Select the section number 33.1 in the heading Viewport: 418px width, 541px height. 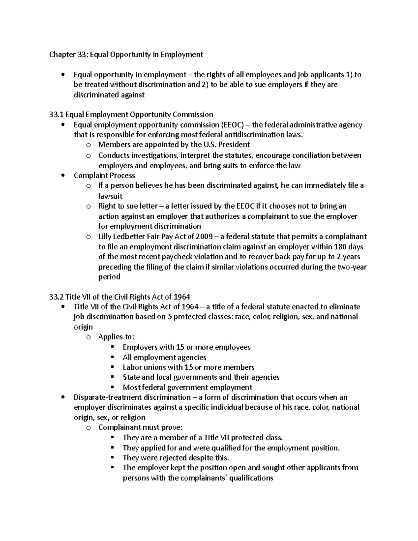56,114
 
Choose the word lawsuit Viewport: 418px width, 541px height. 110,196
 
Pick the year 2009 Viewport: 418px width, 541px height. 204,237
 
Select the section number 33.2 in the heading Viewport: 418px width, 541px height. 56,297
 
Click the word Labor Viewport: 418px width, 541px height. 131,367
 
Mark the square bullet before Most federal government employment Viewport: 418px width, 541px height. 112,387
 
